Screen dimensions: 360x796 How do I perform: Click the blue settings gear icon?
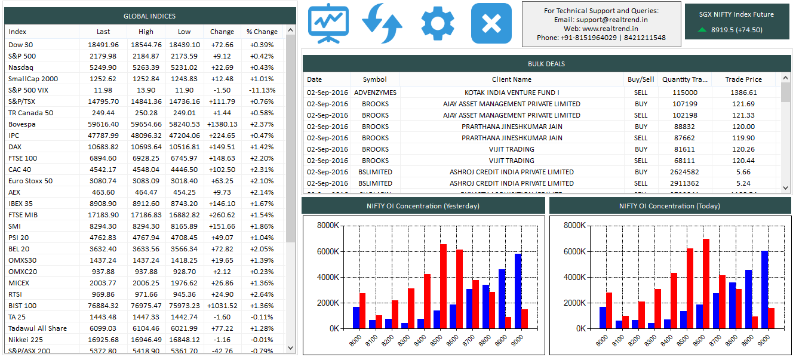pos(437,23)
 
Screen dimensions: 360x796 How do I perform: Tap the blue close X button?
pos(491,23)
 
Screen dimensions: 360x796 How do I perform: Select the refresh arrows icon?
pos(382,23)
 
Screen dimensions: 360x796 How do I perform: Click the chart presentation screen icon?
pos(328,23)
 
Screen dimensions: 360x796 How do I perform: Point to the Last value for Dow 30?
pos(103,45)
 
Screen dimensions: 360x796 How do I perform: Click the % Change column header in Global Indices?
pos(262,32)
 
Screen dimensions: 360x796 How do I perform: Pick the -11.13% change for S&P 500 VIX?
pos(262,90)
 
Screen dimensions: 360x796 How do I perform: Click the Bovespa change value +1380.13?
pos(222,124)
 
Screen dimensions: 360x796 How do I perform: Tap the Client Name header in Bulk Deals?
pos(511,79)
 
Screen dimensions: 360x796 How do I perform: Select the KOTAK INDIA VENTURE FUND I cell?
pos(511,93)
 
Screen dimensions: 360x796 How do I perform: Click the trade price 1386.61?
pos(743,93)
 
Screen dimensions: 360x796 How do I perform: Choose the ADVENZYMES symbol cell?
pos(375,93)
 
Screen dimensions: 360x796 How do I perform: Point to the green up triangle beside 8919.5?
pos(702,30)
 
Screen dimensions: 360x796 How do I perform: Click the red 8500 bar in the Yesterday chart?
pos(444,287)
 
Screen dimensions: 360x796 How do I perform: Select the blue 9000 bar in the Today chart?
pos(764,290)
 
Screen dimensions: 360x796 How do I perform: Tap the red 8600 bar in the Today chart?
pos(706,284)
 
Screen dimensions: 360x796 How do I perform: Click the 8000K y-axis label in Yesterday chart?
pos(328,226)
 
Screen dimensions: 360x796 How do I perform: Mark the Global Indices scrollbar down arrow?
pos(291,347)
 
